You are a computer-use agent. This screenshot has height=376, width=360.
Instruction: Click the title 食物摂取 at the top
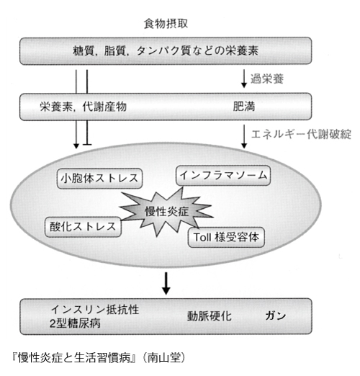pos(166,24)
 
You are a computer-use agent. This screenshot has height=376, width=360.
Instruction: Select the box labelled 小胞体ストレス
pos(99,179)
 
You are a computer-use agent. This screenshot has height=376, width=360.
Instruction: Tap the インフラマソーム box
pos(223,175)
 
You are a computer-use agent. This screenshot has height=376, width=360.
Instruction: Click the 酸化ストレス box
pos(83,227)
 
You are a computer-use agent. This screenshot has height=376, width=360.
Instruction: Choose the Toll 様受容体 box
pos(226,238)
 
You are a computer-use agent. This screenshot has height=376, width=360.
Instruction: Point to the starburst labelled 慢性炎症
pos(166,212)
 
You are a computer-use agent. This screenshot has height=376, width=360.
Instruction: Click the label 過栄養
pos(267,79)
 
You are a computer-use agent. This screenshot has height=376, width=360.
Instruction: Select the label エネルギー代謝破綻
pos(301,134)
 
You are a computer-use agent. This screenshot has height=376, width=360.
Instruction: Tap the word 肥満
pos(244,107)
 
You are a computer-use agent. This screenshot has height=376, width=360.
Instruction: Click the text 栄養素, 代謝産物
pos(83,107)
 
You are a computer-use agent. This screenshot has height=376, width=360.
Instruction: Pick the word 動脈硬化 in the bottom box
pos(210,316)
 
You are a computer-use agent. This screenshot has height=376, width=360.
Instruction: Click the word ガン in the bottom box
pos(276,315)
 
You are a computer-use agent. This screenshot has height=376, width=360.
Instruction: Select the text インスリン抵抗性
pos(95,310)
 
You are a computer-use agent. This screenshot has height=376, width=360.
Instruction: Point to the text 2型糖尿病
pos(75,323)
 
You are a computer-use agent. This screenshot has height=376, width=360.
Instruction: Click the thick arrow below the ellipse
pos(166,284)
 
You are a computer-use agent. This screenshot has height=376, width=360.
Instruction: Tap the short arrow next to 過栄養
pos(244,79)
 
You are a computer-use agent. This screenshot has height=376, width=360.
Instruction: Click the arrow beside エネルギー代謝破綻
pos(244,136)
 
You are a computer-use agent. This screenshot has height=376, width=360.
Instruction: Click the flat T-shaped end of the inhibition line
pos(87,145)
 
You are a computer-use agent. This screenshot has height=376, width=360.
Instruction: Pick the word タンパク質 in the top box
pos(163,51)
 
